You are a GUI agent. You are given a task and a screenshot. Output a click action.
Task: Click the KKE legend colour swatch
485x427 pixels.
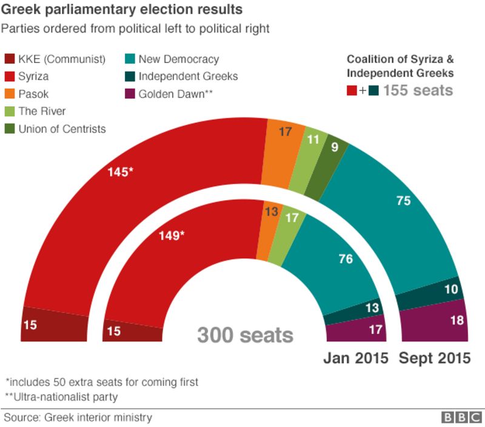(x=10, y=59)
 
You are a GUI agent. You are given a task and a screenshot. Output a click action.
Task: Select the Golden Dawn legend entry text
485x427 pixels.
(x=174, y=94)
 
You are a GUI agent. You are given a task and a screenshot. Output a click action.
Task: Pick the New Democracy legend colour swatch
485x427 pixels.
(x=130, y=59)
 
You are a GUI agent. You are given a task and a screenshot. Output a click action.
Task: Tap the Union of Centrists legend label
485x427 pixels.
(x=62, y=129)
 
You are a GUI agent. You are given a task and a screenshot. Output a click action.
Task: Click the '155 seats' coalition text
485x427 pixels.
(x=418, y=90)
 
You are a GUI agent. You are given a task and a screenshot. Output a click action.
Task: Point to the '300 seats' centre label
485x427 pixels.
(x=244, y=335)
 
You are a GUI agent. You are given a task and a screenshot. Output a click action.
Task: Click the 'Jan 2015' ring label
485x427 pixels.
(x=355, y=358)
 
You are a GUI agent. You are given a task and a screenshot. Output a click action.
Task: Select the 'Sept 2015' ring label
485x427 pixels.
(x=434, y=358)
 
